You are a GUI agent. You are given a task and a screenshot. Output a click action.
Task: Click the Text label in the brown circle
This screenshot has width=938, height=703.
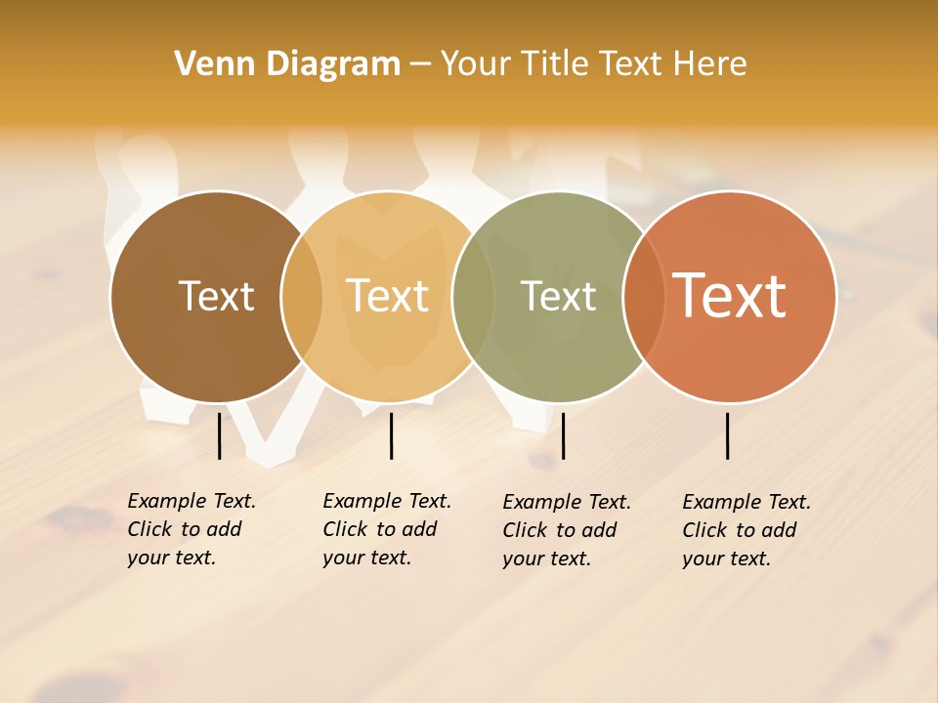pyautogui.click(x=216, y=296)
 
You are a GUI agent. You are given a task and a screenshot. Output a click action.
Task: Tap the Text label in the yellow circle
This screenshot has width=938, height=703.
pyautogui.click(x=388, y=296)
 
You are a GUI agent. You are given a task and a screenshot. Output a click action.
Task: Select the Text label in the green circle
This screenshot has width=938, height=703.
pyautogui.click(x=558, y=296)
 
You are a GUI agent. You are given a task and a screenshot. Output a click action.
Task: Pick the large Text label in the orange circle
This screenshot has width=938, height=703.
pyautogui.click(x=730, y=296)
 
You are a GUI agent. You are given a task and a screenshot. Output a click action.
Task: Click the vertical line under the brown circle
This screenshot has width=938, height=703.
pyautogui.click(x=220, y=435)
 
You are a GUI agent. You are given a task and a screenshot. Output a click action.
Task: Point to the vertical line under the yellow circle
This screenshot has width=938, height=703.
pyautogui.click(x=391, y=435)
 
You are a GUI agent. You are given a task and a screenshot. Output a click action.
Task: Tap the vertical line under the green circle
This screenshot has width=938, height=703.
pyautogui.click(x=564, y=435)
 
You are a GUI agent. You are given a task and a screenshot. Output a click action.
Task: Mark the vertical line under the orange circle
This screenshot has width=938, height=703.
pyautogui.click(x=728, y=435)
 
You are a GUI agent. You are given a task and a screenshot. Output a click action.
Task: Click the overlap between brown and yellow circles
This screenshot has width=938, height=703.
pyautogui.click(x=302, y=297)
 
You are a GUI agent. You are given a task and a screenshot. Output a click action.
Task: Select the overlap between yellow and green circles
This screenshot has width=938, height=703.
pyautogui.click(x=473, y=297)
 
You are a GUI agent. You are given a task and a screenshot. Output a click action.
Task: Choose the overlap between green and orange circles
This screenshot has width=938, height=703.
pyautogui.click(x=643, y=297)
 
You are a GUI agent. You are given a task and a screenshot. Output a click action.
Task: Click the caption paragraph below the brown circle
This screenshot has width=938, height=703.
pyautogui.click(x=192, y=529)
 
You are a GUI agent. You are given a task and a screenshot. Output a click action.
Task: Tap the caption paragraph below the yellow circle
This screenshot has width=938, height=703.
pyautogui.click(x=387, y=529)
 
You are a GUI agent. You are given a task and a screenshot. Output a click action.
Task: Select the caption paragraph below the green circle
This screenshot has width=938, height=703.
pyautogui.click(x=567, y=530)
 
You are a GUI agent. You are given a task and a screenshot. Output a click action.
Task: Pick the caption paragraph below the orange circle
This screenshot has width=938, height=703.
pyautogui.click(x=746, y=530)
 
